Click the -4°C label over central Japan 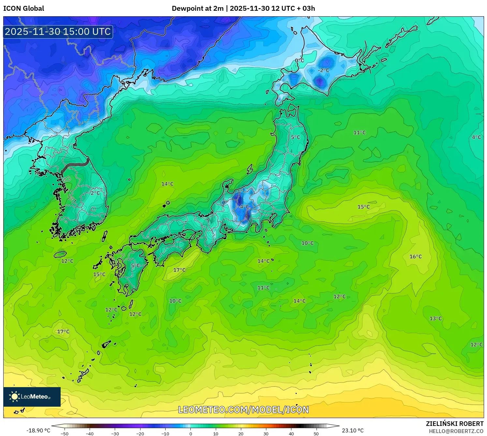point(244,207)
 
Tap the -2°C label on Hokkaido point(323,70)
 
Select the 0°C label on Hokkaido point(299,61)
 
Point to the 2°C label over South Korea point(95,193)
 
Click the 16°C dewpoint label point(416,257)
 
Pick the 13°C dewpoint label point(435,319)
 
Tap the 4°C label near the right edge point(476,138)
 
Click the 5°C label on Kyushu point(135,266)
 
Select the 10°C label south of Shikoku point(175,301)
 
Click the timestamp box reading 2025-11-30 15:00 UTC point(58,32)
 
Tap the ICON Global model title point(23,8)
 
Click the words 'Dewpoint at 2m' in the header point(198,8)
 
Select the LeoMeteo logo point(32,397)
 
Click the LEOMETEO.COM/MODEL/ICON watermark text point(243,410)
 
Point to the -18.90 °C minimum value point(38,430)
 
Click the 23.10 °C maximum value point(353,430)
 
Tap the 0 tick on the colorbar point(191,434)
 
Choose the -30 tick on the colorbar point(115,434)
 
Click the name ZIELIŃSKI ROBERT point(455,424)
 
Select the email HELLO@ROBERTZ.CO point(456,431)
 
